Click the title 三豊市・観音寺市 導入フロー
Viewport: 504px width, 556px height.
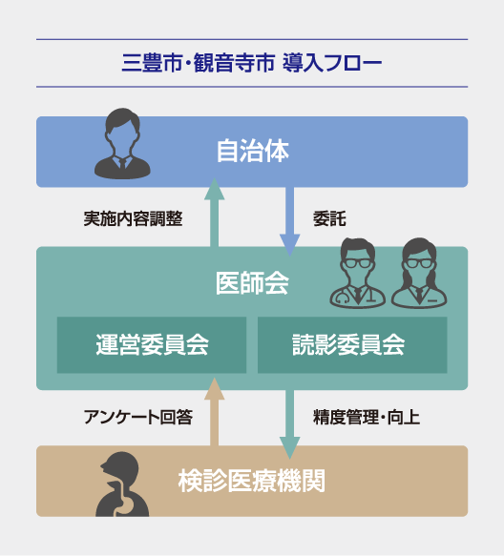252,63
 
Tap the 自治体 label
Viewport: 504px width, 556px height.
253,151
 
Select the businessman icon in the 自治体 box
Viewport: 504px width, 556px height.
122,144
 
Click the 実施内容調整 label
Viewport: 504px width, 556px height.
133,218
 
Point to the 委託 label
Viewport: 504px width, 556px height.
329,218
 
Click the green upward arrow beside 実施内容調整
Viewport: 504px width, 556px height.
215,212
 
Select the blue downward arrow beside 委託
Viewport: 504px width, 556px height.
290,221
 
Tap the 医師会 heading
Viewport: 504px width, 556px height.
252,283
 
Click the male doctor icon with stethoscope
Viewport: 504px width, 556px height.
358,273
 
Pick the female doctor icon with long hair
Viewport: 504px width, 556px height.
419,273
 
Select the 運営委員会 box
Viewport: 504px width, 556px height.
152,344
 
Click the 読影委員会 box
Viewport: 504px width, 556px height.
352,344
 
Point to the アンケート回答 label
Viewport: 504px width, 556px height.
138,417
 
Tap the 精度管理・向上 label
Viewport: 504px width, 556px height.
367,417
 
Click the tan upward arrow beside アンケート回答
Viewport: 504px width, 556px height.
215,411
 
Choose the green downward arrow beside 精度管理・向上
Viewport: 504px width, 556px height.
290,424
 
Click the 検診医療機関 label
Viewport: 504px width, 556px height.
252,481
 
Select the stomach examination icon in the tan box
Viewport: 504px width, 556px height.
122,484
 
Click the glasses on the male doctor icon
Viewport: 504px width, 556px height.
358,263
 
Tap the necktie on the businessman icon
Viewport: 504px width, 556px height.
123,165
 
